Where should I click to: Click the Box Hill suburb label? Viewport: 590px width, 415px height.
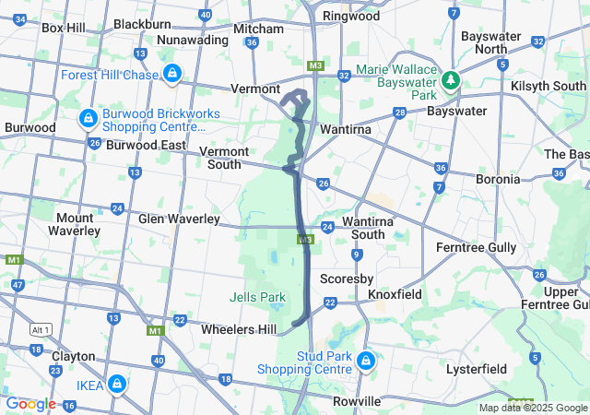pos(64,28)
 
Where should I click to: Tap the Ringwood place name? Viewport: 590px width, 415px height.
pos(350,16)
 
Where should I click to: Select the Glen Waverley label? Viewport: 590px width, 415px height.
pos(179,219)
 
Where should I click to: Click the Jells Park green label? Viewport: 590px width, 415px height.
pos(257,297)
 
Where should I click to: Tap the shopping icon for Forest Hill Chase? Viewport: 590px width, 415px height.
pos(172,73)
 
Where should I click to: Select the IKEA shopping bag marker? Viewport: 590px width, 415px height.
pos(117,382)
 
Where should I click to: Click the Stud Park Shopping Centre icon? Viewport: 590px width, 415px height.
pos(366,359)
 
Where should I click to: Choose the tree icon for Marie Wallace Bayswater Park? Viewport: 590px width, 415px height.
pos(451,80)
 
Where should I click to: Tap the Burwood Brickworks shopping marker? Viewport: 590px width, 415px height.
pos(88,118)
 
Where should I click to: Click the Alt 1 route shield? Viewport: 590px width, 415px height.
pos(40,329)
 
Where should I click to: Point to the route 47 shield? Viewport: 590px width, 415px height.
pos(18,285)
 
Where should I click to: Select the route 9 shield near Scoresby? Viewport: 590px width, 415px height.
pos(355,255)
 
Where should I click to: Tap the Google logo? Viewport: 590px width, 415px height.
pos(30,404)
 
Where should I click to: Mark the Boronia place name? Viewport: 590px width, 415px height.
pos(498,179)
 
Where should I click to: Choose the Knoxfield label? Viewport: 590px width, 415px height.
pos(395,294)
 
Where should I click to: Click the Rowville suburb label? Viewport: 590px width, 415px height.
pos(357,401)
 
